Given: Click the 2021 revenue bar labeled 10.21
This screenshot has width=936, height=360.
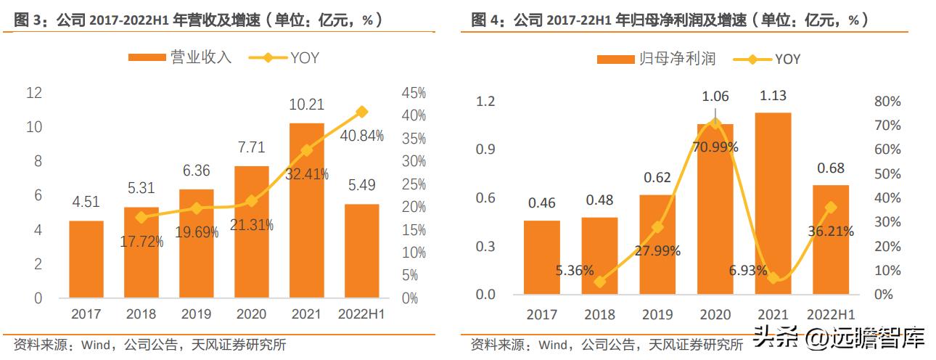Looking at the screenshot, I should click(x=306, y=210).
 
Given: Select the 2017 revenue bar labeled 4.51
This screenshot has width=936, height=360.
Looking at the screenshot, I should click(x=86, y=259).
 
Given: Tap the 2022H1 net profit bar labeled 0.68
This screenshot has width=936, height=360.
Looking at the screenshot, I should click(x=831, y=240).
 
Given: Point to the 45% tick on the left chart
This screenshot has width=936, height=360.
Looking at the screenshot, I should click(x=414, y=93).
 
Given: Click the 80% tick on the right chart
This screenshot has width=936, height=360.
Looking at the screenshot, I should click(x=887, y=101).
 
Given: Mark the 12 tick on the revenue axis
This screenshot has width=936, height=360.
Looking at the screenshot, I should click(x=33, y=93).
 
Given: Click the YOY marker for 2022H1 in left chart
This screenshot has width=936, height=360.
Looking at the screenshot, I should click(x=361, y=112).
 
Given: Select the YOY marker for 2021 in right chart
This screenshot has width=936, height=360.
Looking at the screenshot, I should click(x=773, y=278).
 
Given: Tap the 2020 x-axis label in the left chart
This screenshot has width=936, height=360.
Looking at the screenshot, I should click(x=251, y=314).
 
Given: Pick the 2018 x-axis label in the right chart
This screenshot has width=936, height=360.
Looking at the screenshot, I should click(x=599, y=314).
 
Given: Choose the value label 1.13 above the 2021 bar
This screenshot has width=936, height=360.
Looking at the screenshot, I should click(x=773, y=96).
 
